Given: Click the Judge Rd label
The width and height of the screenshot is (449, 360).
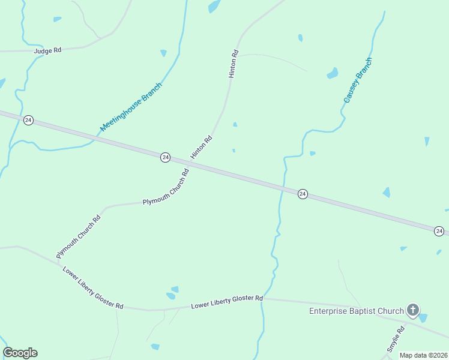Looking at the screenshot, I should [48, 50].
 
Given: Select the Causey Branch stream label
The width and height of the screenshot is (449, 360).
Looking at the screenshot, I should [358, 80].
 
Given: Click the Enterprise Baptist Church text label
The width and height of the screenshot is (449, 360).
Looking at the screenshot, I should [357, 311].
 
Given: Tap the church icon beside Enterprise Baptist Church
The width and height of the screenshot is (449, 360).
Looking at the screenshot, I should [413, 310].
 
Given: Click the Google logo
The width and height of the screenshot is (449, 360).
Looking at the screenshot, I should [20, 353].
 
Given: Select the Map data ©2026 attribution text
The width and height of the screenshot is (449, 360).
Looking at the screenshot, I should [423, 355].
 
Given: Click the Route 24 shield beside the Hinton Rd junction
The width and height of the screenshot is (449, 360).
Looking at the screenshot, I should [165, 157].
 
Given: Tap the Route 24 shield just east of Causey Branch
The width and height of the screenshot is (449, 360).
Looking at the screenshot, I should [303, 194].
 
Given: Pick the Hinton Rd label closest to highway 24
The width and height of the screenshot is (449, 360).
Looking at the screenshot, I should [202, 148].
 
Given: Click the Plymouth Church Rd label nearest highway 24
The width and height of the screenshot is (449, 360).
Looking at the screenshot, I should [166, 187].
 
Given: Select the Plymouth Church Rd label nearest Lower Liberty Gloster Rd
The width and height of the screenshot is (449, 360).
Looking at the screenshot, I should [78, 236].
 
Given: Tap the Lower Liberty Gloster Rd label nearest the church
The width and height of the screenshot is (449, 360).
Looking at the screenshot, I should [227, 302].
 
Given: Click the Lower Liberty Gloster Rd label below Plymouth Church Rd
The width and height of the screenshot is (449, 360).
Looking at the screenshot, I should [93, 287].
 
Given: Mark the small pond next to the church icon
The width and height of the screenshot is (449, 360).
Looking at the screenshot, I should [423, 317].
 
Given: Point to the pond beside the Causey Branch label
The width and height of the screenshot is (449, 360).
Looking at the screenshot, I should [332, 74].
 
